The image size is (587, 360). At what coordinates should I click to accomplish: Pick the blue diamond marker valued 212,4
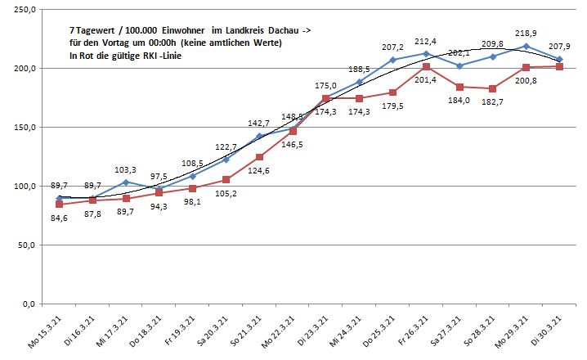click(x=427, y=53)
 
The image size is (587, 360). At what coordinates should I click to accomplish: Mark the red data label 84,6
click(x=59, y=218)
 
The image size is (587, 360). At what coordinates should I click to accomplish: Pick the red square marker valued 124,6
click(x=260, y=157)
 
